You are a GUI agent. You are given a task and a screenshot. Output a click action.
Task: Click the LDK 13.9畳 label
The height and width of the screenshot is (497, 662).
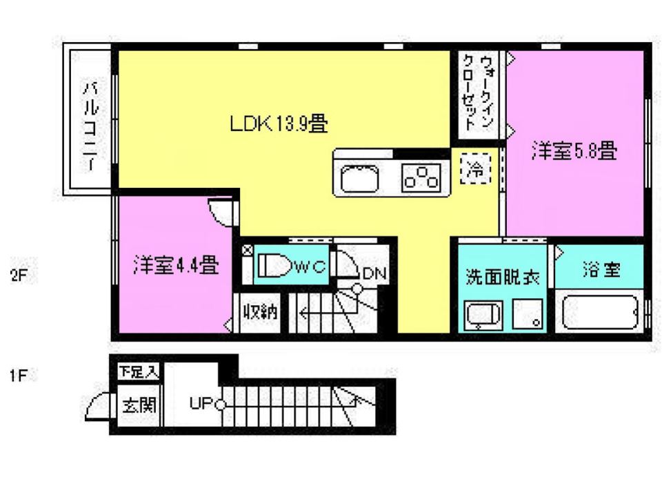click(279, 124)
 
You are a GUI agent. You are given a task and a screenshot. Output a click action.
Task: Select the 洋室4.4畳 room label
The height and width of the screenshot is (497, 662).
click(176, 265)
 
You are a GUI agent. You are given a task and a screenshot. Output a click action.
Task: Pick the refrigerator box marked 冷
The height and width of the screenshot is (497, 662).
click(476, 169)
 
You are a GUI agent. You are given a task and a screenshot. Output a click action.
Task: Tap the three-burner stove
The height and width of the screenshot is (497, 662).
click(421, 177)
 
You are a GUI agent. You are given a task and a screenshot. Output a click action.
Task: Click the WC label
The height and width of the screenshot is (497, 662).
click(311, 266)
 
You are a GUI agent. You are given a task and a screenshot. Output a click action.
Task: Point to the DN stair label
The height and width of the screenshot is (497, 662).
click(374, 274)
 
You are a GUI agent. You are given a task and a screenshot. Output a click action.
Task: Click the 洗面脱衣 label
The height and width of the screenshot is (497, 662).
click(503, 277)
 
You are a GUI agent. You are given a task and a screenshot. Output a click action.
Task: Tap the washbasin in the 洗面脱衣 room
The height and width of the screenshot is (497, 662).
click(483, 315)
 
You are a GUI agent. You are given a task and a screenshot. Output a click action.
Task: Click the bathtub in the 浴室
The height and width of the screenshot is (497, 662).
click(600, 312)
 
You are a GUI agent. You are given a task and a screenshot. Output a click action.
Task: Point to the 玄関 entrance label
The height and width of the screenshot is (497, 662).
click(139, 405)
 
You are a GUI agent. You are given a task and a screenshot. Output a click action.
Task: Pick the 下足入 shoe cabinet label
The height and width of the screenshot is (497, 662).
click(139, 371)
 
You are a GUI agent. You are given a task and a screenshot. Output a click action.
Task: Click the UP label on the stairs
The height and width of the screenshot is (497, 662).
click(201, 403)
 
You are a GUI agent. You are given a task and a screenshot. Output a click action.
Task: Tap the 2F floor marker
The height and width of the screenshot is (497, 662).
click(19, 275)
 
